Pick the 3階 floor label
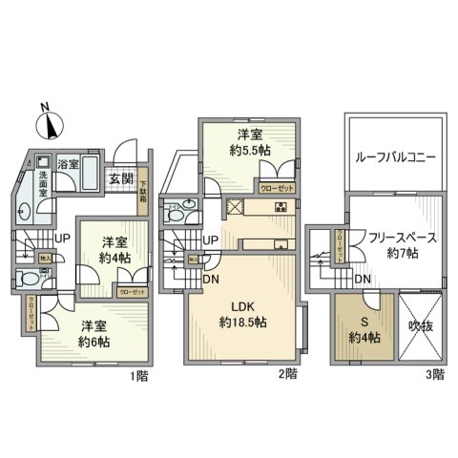(x=434, y=375)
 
